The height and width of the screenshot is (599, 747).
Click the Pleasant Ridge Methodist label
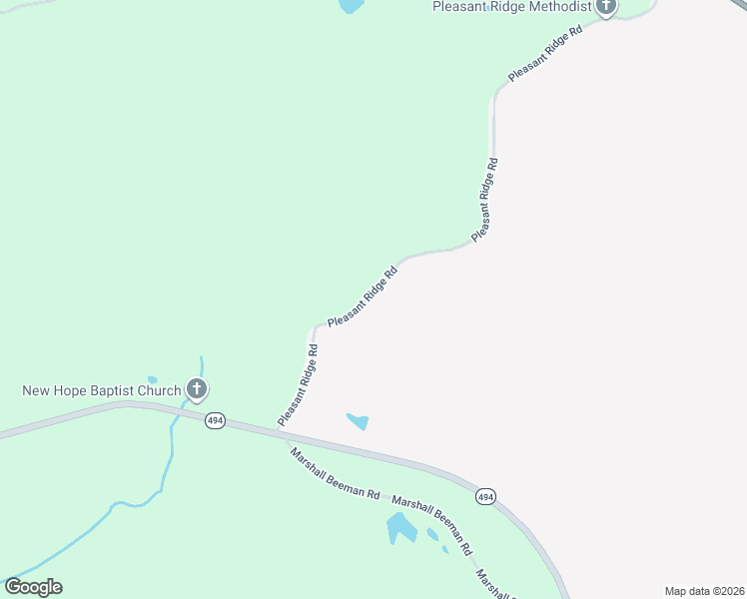(510, 7)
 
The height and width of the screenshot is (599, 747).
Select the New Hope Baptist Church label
(102, 390)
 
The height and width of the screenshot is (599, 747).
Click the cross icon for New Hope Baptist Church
(197, 390)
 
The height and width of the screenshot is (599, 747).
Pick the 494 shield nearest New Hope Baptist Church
(215, 421)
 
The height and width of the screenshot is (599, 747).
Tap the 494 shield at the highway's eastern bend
(485, 497)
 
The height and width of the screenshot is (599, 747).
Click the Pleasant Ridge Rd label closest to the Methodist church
(545, 56)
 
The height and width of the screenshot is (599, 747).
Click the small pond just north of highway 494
(358, 421)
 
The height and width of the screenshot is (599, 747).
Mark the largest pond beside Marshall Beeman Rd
(401, 528)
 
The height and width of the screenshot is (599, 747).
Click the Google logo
(33, 587)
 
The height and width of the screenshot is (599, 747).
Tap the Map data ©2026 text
(705, 591)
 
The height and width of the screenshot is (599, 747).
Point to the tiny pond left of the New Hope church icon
(152, 379)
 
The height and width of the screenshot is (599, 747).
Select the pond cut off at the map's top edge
(352, 6)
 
